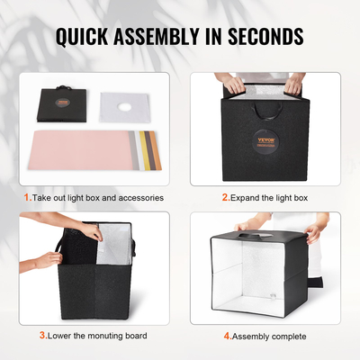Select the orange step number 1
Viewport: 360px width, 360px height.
coord(26,195)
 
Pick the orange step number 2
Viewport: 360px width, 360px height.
coord(224,195)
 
